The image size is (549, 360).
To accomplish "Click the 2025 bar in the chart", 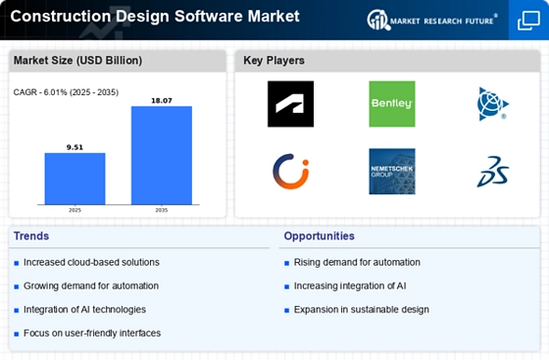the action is coord(75,179).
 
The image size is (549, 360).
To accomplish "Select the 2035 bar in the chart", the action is coord(162,155).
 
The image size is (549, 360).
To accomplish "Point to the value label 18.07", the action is coord(162,101).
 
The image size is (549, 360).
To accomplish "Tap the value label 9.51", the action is coord(75,147).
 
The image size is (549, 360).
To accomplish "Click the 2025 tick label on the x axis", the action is coord(75,210).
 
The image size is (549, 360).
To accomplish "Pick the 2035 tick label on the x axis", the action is coord(162,210).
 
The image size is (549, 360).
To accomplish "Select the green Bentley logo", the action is coord(392,104).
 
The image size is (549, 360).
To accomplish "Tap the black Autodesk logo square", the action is coord(290,104).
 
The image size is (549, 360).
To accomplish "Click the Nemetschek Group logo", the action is coord(392,172).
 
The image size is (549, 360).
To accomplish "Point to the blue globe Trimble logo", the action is coord(492,104).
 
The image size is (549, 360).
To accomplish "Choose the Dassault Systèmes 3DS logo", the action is coord(493,172).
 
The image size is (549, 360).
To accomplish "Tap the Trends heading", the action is coord(31,236).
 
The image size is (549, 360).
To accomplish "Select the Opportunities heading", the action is coord(319,236).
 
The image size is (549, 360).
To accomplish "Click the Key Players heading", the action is coord(274,61).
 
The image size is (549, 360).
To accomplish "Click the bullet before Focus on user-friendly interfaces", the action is coord(16,334).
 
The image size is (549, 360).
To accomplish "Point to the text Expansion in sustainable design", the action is coord(362,310).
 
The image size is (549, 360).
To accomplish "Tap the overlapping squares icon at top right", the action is coord(528,21).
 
